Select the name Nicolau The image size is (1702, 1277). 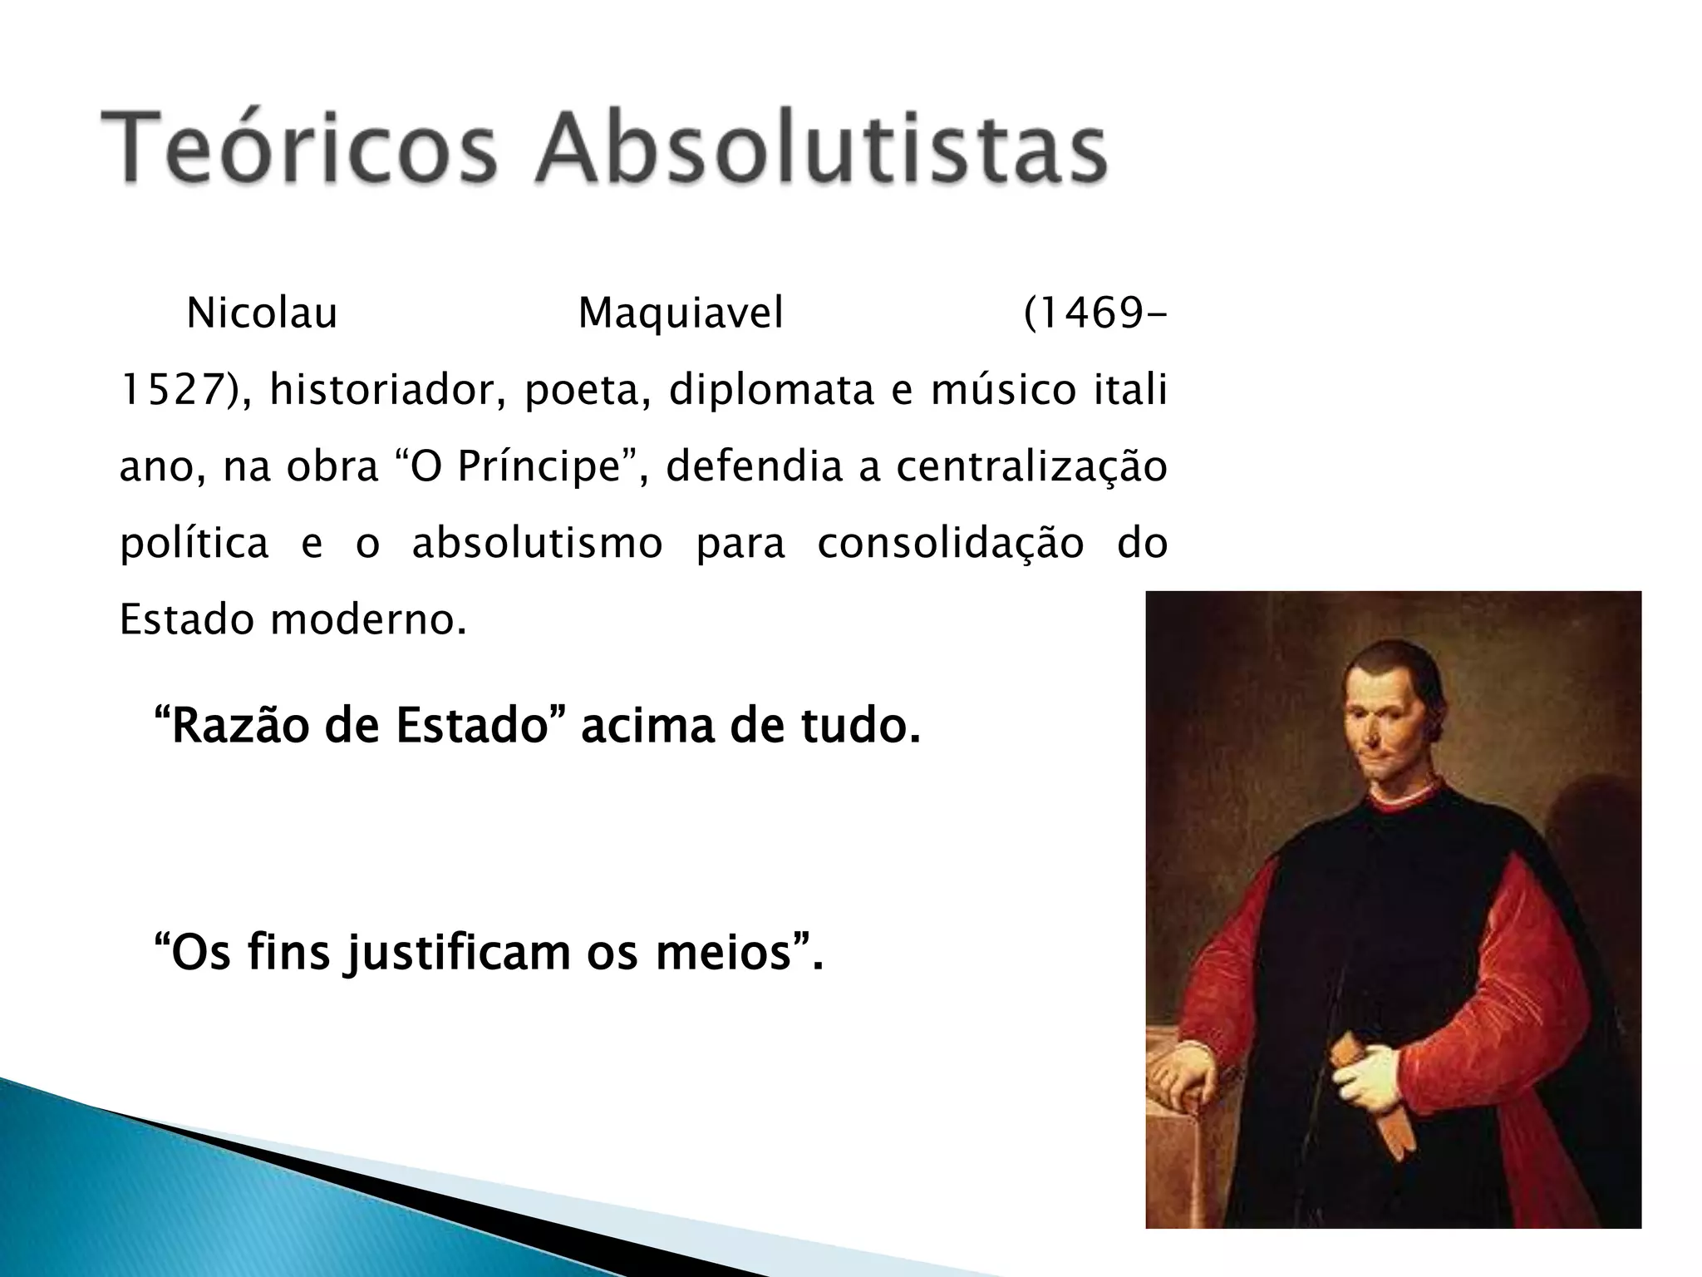[262, 314]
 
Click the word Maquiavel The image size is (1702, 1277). [681, 314]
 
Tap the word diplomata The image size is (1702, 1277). [770, 391]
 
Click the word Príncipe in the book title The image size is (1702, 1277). [540, 467]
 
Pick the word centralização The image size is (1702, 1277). [1031, 467]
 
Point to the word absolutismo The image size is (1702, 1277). [537, 544]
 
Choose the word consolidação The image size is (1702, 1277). [951, 544]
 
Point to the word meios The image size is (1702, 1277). [723, 953]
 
